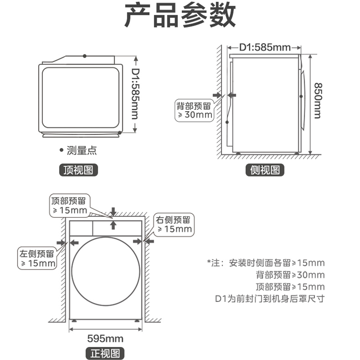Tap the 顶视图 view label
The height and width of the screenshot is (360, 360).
pos(79,170)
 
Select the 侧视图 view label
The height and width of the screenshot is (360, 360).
pos(265,170)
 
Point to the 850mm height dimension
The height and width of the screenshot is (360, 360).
pos(318,101)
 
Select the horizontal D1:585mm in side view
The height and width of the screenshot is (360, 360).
pos(265,47)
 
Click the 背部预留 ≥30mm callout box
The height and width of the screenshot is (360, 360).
pos(194,110)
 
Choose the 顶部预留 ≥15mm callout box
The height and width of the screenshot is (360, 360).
pos(69,205)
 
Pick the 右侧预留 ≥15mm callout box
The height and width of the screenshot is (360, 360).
pos(174,225)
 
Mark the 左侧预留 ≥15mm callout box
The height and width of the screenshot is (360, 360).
pos(37,258)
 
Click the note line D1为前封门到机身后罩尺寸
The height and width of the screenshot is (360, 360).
pos(270,298)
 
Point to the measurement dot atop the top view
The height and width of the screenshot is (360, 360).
pos(84,56)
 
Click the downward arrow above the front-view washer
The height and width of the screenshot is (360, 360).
pos(113,211)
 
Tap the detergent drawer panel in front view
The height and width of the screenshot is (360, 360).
pos(81,228)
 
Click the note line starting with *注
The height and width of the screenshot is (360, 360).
pos(265,263)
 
